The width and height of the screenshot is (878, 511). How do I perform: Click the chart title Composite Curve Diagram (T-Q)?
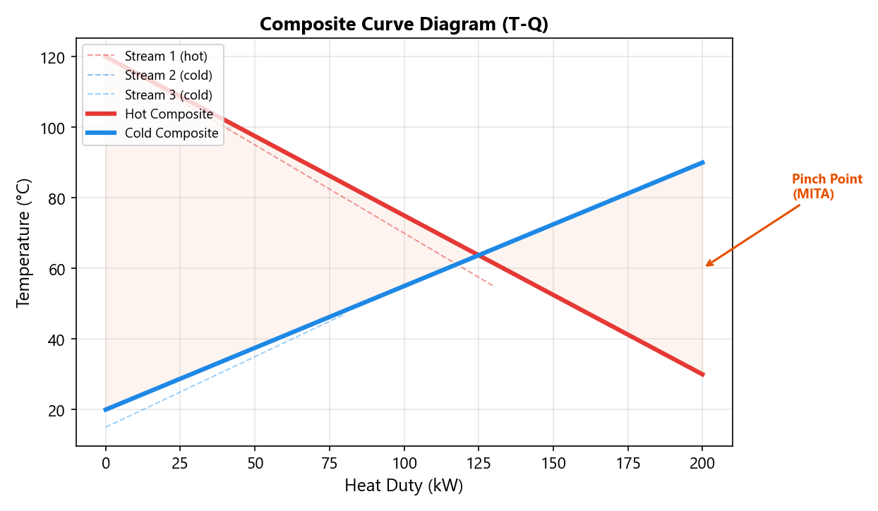(404, 24)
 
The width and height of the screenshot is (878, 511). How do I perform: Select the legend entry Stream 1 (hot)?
(175, 55)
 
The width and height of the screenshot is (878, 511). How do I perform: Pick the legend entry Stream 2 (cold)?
(178, 75)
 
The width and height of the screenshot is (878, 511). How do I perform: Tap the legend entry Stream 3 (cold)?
(178, 95)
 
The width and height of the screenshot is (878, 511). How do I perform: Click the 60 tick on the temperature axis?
(60, 269)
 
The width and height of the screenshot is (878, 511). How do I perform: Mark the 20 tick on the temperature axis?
(60, 410)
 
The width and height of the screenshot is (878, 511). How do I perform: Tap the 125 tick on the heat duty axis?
(478, 463)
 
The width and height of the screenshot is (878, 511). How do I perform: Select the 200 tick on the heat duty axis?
(702, 463)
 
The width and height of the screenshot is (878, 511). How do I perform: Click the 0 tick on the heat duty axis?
(106, 463)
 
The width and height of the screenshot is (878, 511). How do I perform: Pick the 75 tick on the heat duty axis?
(329, 463)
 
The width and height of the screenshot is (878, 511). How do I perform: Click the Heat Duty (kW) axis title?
(404, 486)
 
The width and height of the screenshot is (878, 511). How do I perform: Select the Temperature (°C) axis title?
(24, 243)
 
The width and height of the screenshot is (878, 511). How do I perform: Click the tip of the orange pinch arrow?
(706, 266)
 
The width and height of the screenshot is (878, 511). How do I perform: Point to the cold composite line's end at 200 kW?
(703, 162)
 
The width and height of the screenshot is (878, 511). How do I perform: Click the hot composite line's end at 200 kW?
(703, 375)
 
